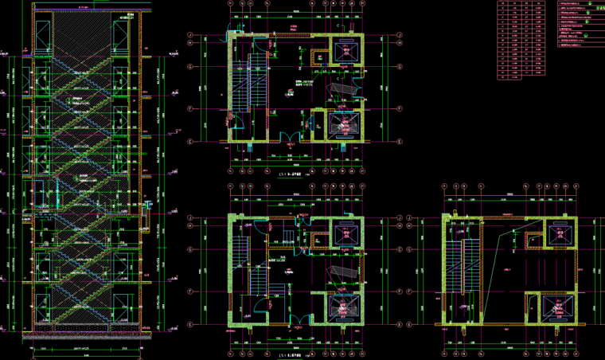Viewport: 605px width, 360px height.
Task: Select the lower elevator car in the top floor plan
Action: [343, 125]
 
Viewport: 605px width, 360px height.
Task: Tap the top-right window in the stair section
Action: [121, 37]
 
